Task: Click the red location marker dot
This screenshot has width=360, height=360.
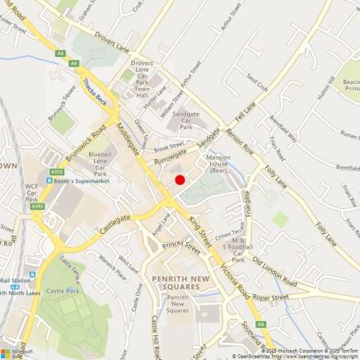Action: pyautogui.click(x=180, y=180)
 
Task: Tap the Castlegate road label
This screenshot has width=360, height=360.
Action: pyautogui.click(x=115, y=220)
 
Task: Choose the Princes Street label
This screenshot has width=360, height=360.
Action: pyautogui.click(x=180, y=245)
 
